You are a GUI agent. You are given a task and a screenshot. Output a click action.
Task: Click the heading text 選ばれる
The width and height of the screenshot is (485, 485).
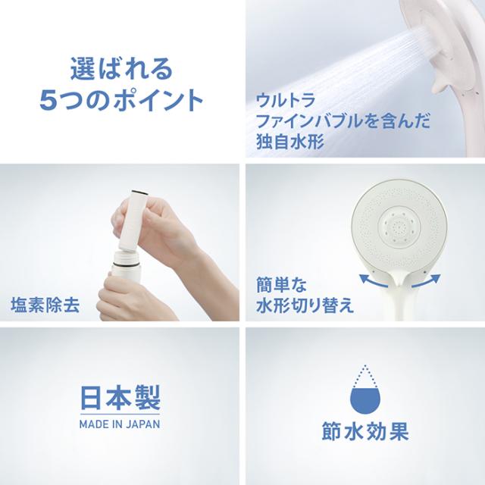click(x=121, y=68)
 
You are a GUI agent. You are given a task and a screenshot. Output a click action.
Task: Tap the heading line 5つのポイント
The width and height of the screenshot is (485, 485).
click(x=121, y=100)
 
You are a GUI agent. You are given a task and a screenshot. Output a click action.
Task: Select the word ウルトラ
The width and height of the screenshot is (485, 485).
click(x=285, y=100)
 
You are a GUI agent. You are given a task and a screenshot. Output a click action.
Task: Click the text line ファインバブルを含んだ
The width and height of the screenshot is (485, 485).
click(x=343, y=121)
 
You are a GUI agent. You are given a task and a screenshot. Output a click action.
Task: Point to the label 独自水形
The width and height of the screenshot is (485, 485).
click(x=290, y=142)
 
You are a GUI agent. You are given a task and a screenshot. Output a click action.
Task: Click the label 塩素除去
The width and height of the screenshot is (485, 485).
click(x=45, y=305)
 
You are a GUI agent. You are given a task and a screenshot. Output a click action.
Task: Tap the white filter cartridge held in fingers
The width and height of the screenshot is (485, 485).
click(x=133, y=221)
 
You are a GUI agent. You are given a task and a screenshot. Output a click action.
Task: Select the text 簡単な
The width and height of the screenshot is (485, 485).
click(x=281, y=285)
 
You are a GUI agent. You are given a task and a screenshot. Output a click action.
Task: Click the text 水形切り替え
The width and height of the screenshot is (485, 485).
click(x=305, y=305)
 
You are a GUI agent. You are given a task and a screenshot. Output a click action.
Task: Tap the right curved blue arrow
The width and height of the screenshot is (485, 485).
click(x=426, y=281)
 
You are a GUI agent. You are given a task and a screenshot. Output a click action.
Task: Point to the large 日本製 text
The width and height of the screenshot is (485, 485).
click(x=120, y=398)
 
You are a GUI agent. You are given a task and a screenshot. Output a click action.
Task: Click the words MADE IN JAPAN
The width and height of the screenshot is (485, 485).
click(x=120, y=424)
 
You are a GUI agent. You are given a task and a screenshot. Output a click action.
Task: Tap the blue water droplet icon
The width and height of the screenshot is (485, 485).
click(x=365, y=390)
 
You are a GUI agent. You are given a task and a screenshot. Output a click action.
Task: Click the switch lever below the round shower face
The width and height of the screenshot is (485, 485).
click(x=399, y=275)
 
